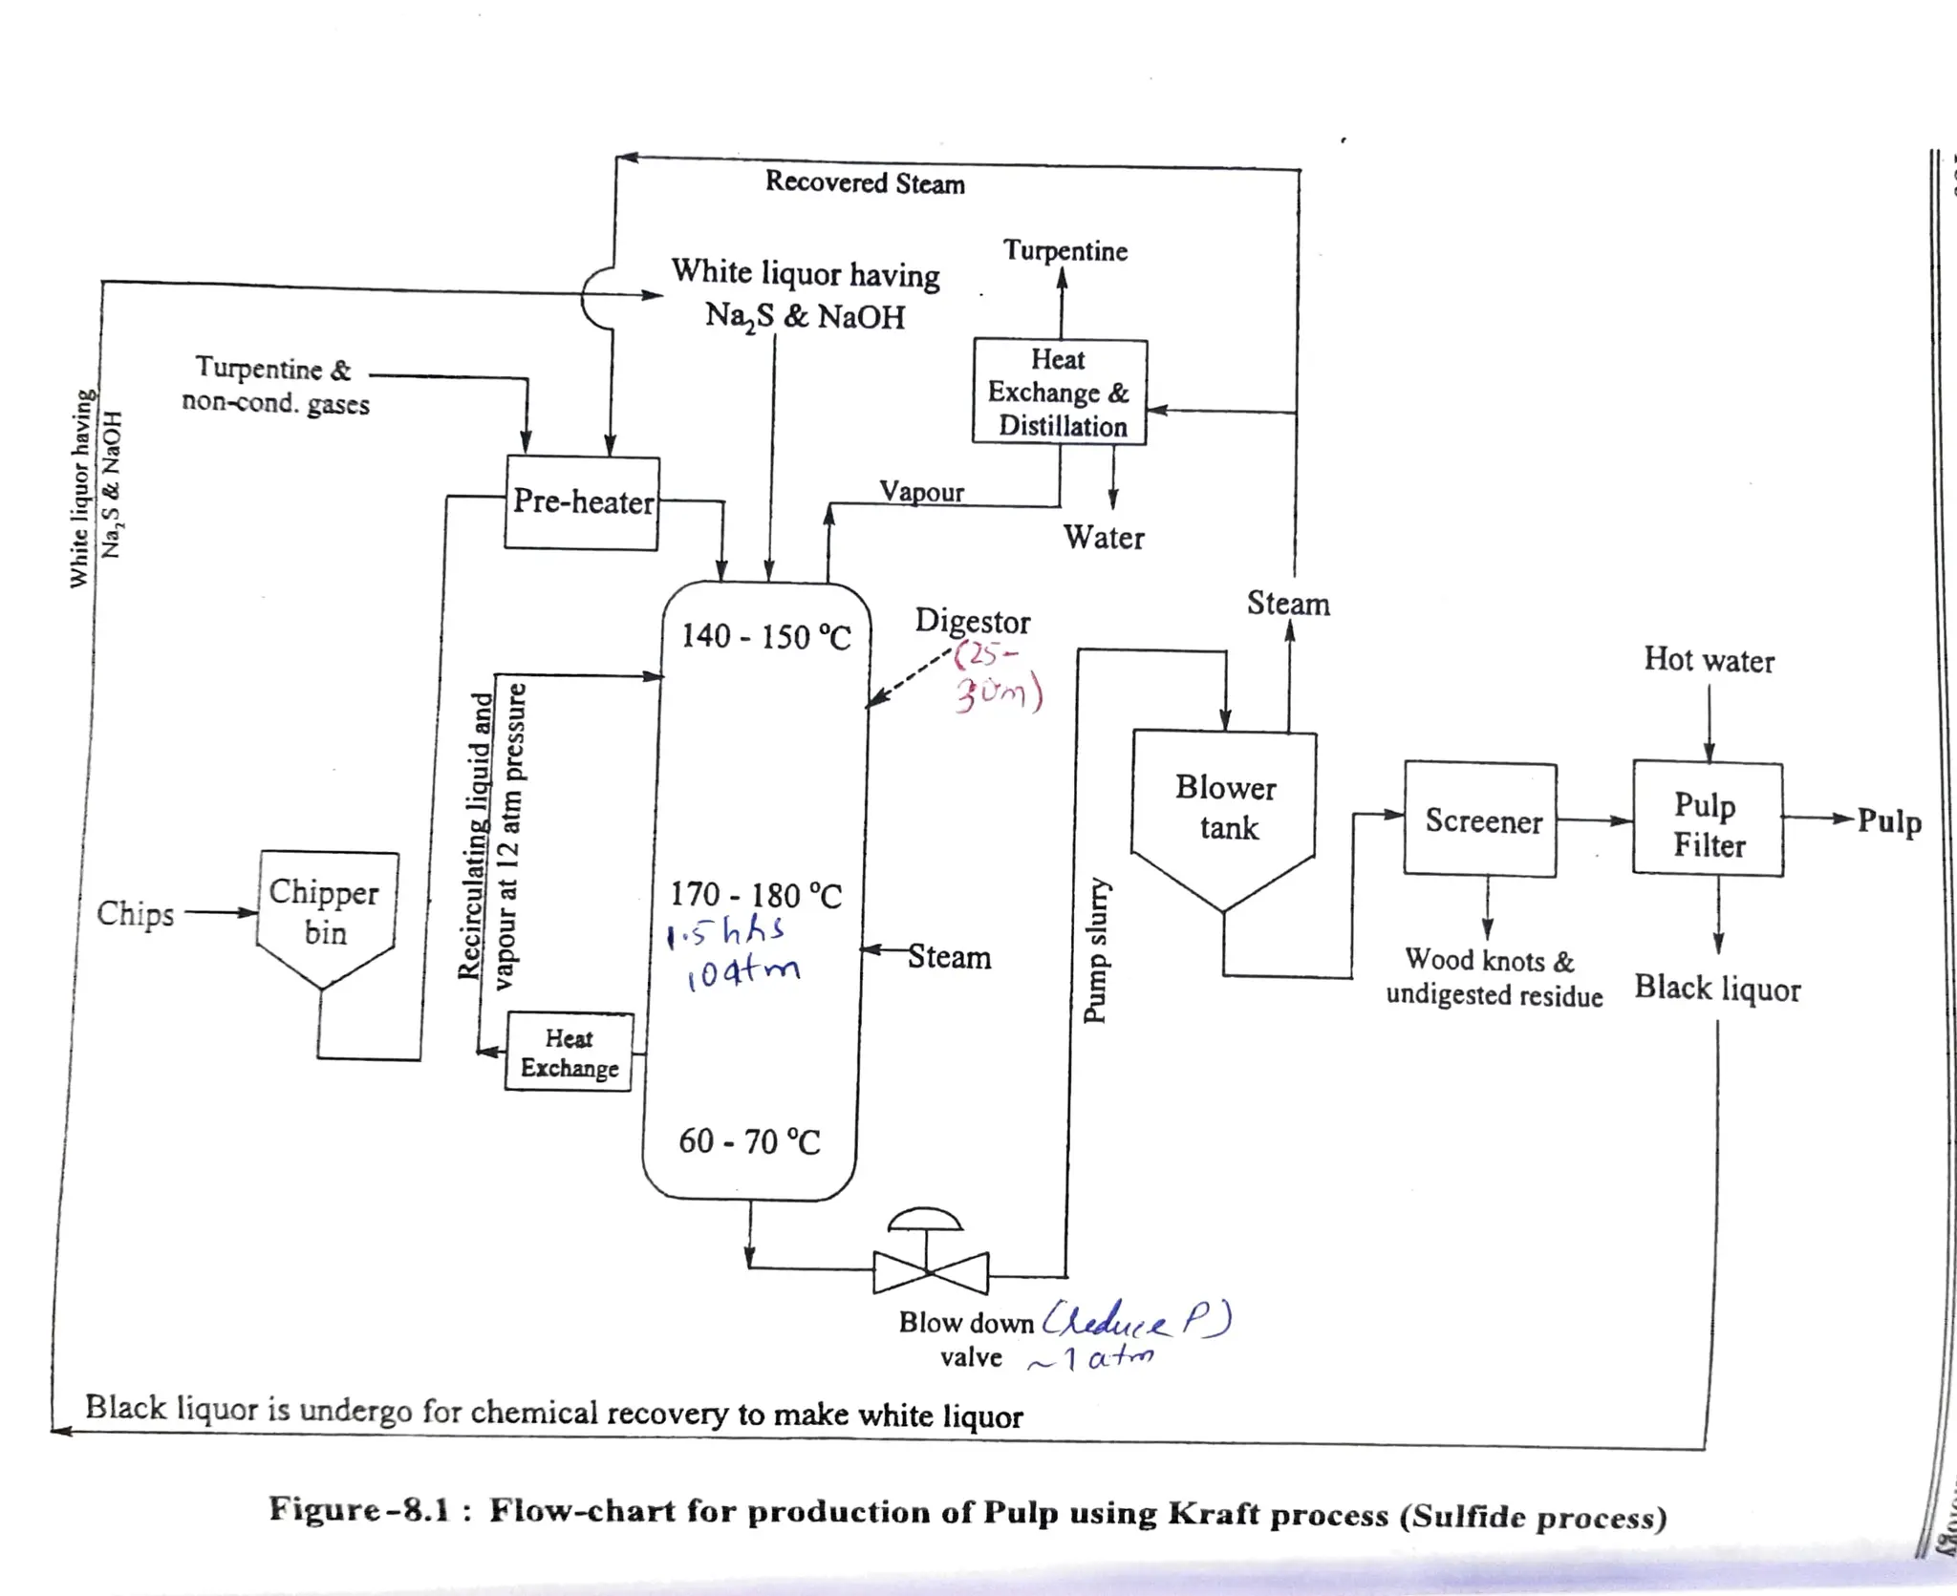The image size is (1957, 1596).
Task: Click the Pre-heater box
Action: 582,503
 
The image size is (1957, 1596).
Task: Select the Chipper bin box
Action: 326,911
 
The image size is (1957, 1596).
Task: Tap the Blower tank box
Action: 1225,808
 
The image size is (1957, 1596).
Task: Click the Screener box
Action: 1481,819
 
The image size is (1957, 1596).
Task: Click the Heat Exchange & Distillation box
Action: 1059,393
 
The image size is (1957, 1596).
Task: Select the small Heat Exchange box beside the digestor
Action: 569,1053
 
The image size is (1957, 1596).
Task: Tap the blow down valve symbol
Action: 929,1270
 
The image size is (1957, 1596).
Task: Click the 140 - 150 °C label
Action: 765,637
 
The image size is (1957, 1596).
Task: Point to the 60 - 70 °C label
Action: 749,1141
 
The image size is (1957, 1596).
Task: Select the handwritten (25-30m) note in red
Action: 997,678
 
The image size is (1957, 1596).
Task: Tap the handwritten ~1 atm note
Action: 1092,1358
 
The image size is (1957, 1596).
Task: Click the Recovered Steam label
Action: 865,182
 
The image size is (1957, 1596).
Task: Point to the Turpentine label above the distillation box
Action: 1065,251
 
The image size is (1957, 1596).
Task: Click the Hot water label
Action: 1709,660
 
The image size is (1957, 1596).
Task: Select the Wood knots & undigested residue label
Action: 1493,977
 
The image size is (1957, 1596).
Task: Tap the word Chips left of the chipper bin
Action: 136,914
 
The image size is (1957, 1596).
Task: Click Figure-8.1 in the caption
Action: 357,1510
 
